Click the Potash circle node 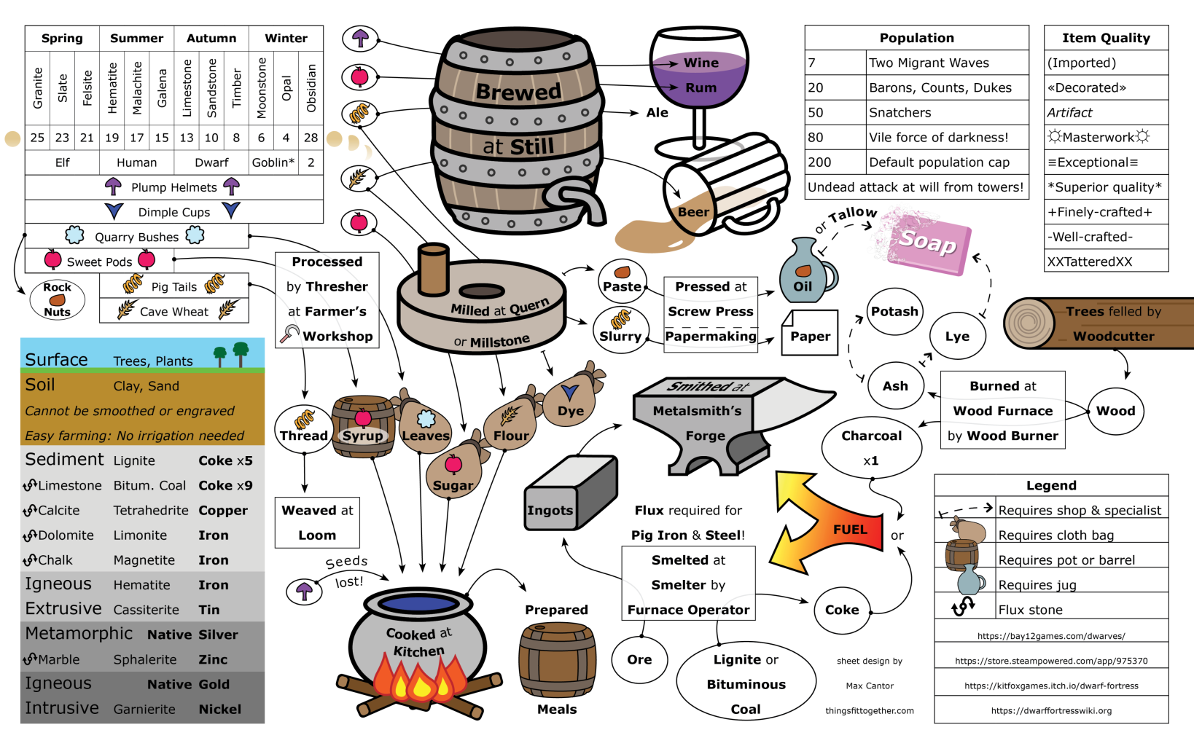click(894, 312)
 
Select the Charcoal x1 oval click(871, 447)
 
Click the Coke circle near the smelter click(842, 610)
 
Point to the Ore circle click(639, 659)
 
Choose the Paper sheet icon click(809, 334)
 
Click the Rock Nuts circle click(57, 299)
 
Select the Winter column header click(286, 38)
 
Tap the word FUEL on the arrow click(850, 530)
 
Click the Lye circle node click(957, 336)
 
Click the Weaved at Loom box click(317, 522)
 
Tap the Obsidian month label click(311, 87)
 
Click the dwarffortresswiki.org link click(1050, 710)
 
